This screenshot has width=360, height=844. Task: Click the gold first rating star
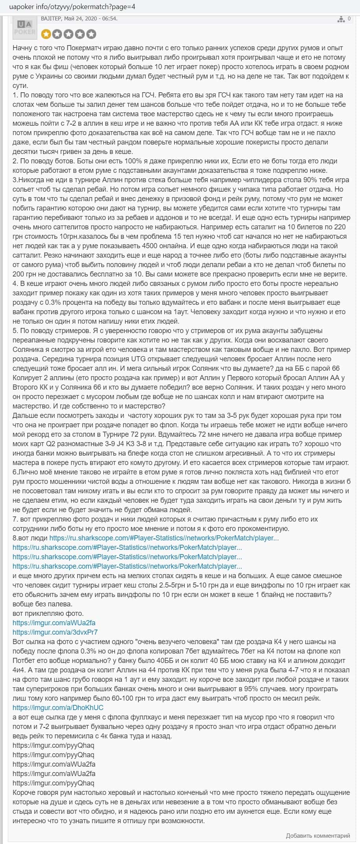coord(46,34)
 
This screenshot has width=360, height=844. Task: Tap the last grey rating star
coord(91,34)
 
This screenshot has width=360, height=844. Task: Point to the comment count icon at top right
coord(342,19)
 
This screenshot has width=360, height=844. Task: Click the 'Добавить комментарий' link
coord(318,836)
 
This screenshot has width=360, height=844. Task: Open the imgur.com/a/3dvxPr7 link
coord(55,632)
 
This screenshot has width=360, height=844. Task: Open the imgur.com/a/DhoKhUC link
coord(58,707)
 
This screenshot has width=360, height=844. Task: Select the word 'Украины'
coord(46,76)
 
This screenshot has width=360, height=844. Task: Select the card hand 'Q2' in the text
coord(47,443)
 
